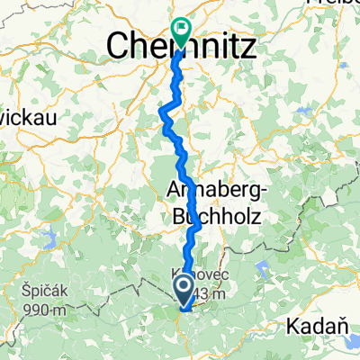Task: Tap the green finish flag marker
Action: tap(181, 31)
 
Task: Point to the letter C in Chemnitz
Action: tap(119, 44)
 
